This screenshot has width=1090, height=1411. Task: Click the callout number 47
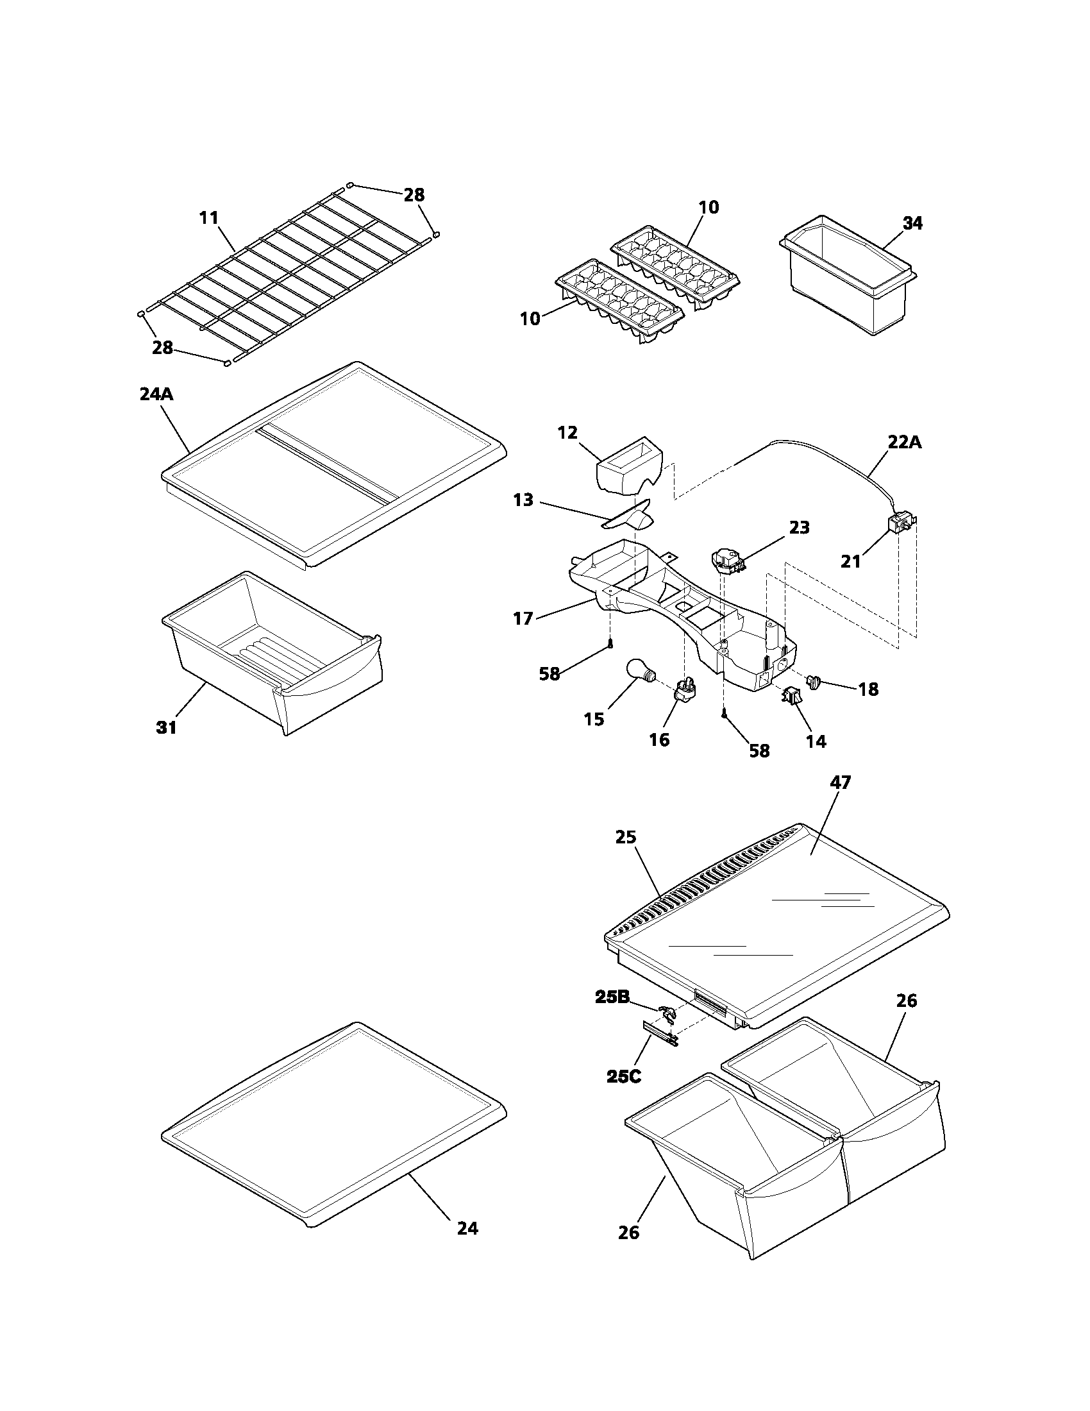click(x=840, y=782)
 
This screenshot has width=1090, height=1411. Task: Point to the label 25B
click(x=612, y=997)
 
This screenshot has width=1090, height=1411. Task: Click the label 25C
click(x=624, y=1076)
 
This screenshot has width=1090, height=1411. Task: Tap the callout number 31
click(x=166, y=727)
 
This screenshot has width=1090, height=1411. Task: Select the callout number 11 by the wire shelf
click(x=208, y=218)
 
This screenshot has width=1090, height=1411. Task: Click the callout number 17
click(x=523, y=618)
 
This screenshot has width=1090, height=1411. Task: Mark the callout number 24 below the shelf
click(x=467, y=1228)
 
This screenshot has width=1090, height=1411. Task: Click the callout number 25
click(x=626, y=836)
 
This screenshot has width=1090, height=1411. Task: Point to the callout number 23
click(x=799, y=527)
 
